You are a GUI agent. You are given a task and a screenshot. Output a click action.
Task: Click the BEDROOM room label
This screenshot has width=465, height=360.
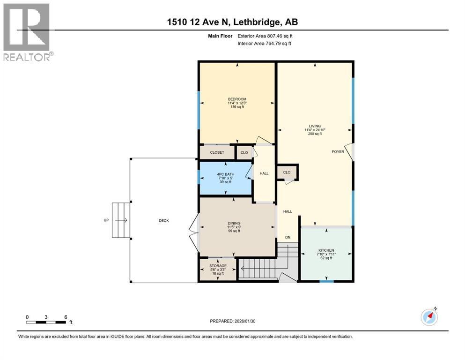(x=237, y=99)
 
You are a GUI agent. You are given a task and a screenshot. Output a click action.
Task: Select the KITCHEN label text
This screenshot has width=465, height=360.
(x=325, y=250)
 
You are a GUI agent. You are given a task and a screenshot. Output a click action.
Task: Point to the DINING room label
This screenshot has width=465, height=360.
(x=234, y=223)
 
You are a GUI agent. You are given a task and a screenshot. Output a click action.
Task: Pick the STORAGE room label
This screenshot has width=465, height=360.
(x=218, y=266)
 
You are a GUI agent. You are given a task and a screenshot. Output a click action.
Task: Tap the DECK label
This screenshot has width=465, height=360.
(x=163, y=220)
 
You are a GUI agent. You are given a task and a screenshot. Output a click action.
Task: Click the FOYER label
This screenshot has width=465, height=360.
(x=338, y=151)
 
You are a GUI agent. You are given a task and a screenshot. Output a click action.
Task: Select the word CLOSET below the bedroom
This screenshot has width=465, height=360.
(x=217, y=152)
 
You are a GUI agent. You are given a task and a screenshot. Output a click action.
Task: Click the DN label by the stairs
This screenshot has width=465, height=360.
(x=288, y=238)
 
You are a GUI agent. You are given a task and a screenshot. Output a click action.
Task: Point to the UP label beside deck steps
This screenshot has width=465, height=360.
(x=107, y=220)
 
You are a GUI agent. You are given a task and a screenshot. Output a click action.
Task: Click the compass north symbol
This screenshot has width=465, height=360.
(x=429, y=317)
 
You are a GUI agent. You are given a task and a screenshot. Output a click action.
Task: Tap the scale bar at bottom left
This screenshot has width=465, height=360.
(x=46, y=322)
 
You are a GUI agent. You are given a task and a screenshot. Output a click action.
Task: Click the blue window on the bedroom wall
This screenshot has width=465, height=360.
(x=199, y=110)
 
